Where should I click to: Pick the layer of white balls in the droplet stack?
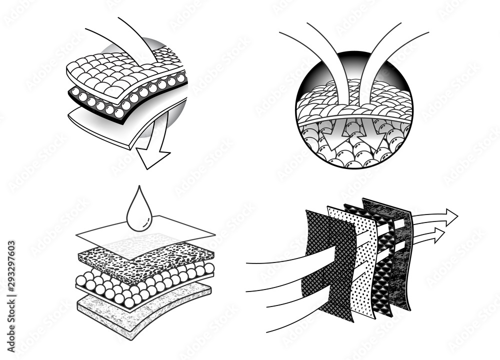145,285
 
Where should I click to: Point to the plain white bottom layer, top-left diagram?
110,125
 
